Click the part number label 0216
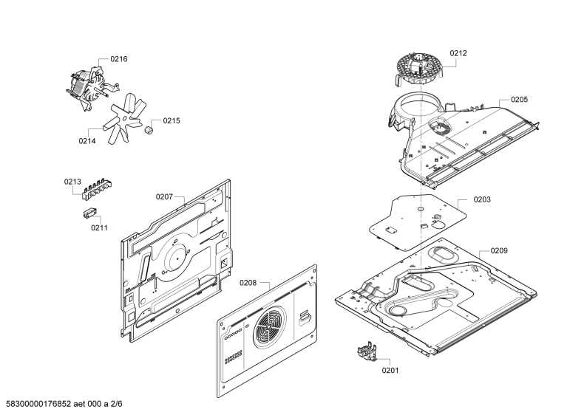(119, 59)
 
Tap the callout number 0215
(172, 121)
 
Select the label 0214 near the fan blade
(86, 141)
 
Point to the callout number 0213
(72, 182)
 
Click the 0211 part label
(99, 227)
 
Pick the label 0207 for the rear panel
(164, 196)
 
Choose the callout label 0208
(248, 283)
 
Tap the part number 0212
(458, 53)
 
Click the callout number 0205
(519, 100)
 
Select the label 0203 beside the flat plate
(482, 199)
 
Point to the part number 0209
(499, 251)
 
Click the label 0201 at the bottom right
(390, 370)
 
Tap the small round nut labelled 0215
(149, 130)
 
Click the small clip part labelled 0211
(89, 213)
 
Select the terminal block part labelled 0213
(98, 189)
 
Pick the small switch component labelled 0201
(367, 352)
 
